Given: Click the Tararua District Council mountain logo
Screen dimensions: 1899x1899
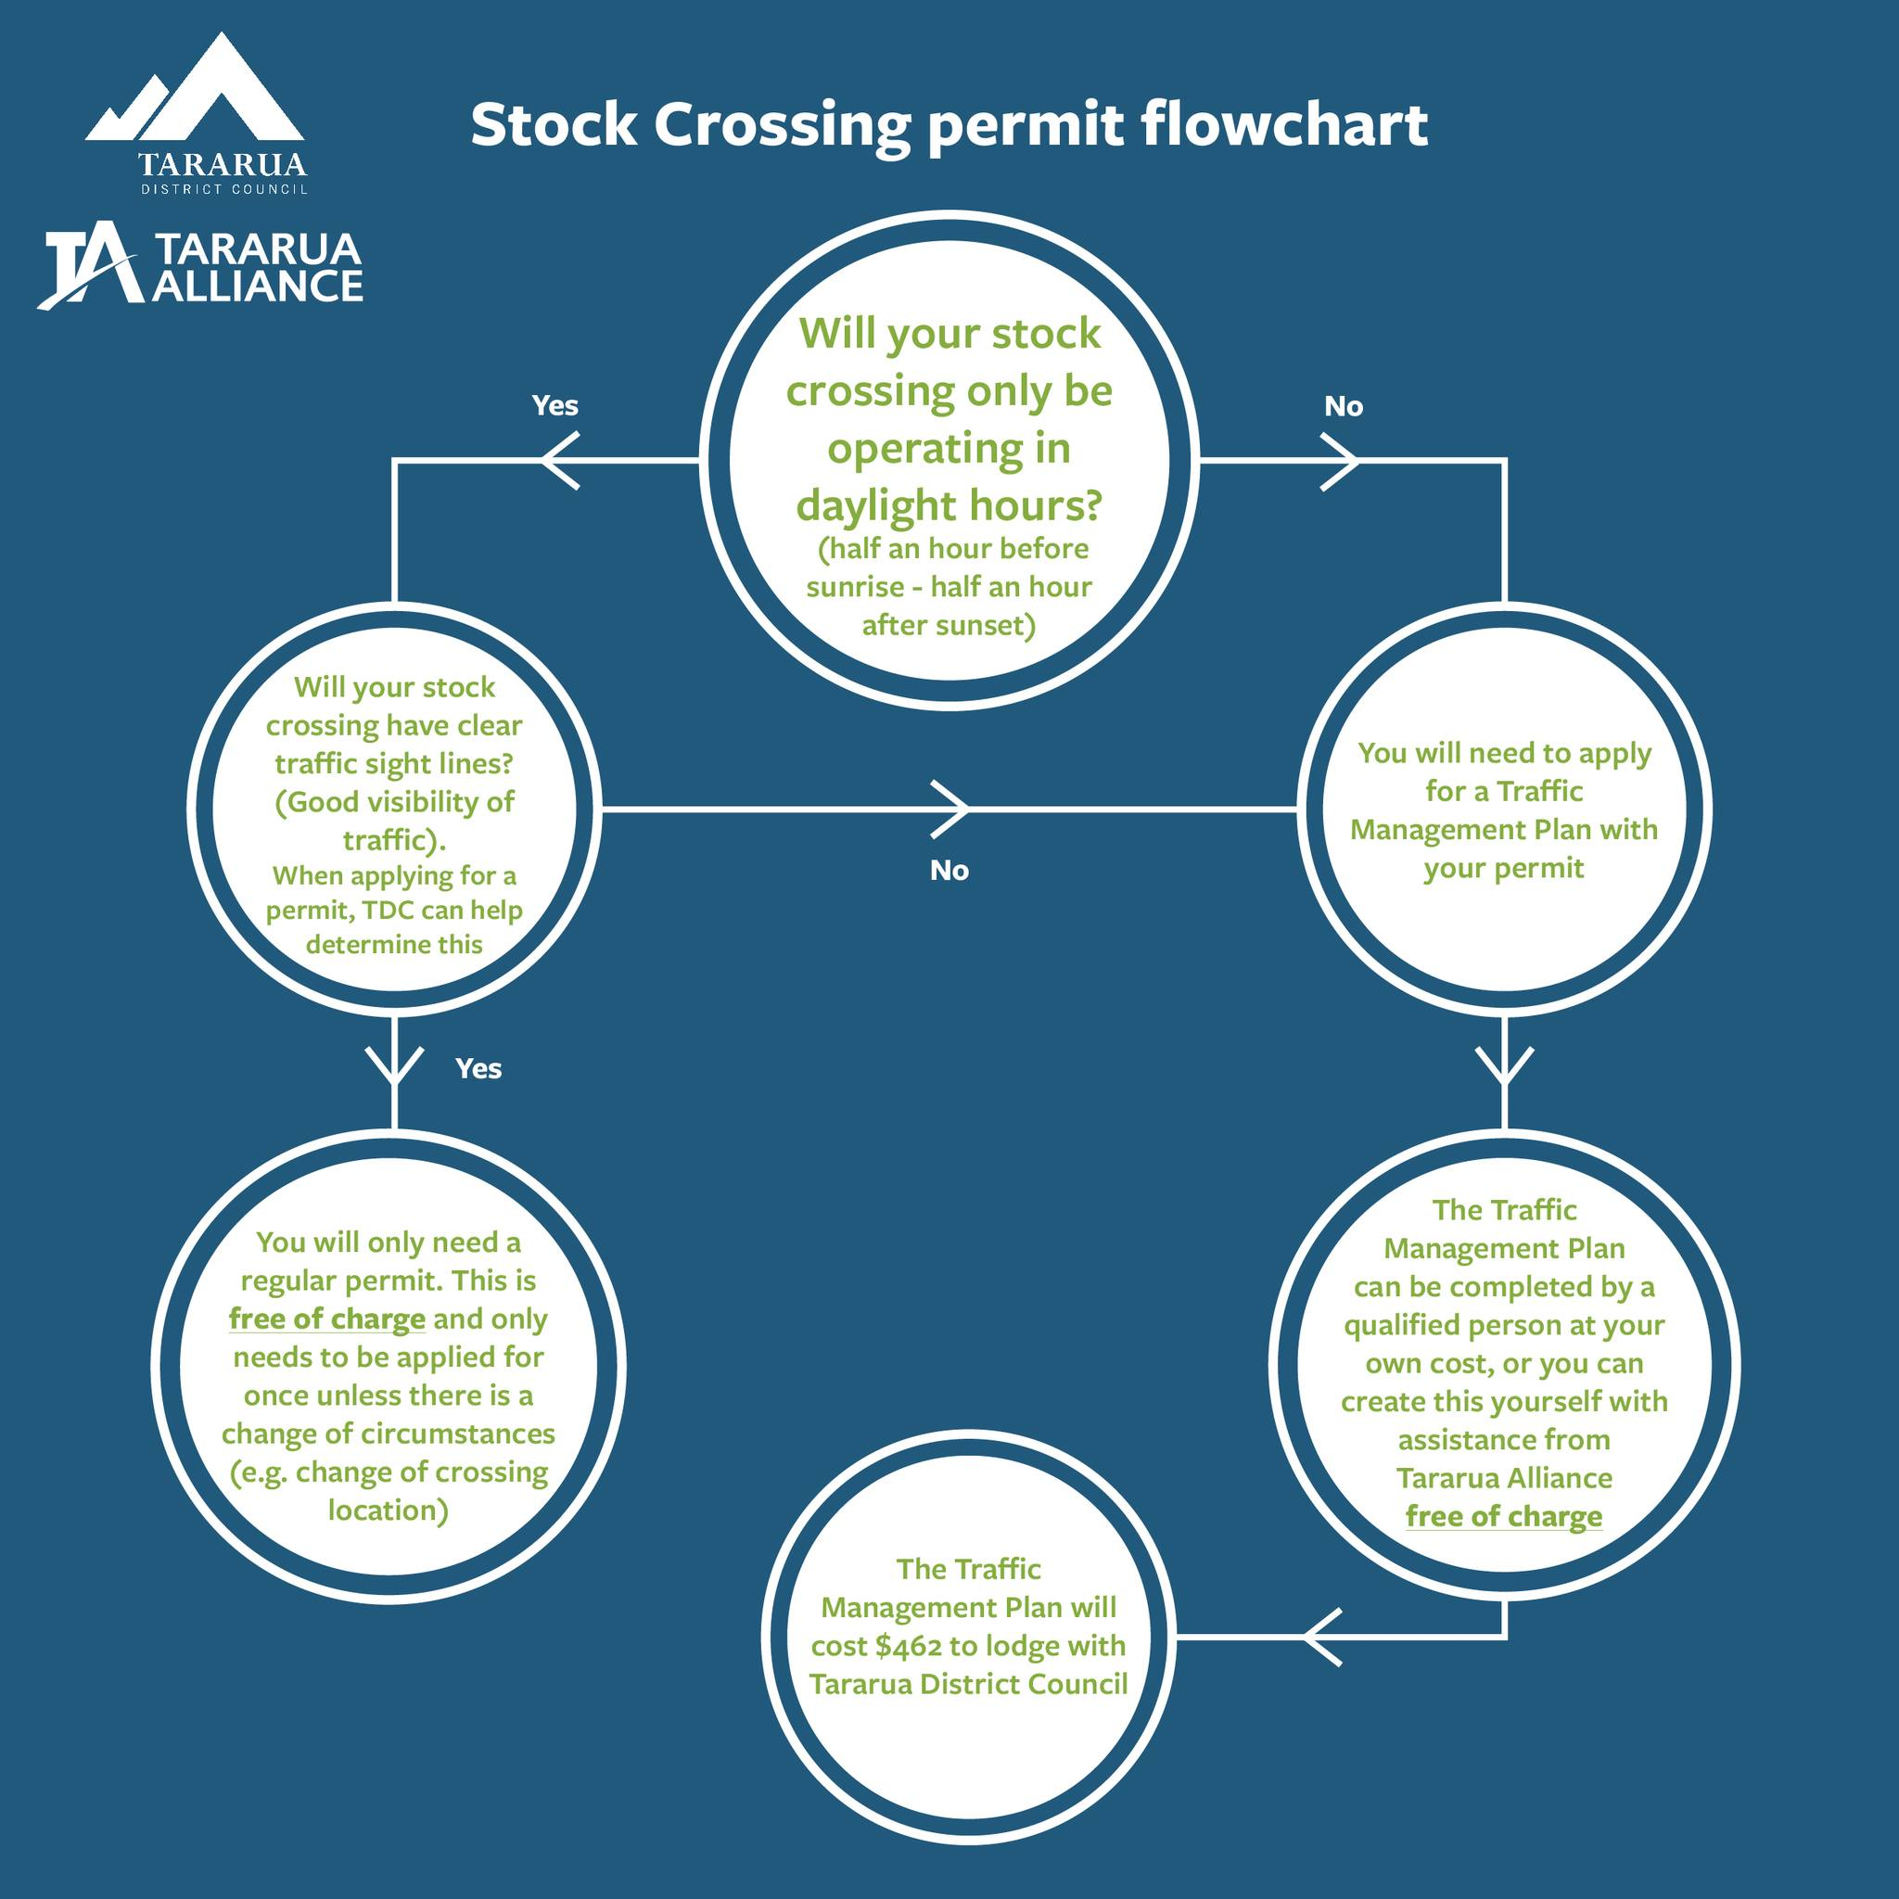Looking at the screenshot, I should tap(195, 94).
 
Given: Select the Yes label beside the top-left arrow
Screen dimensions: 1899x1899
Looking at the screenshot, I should tap(555, 405).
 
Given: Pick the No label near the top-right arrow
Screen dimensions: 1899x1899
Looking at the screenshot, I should tap(1343, 406).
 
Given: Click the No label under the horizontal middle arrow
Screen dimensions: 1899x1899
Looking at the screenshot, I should tap(949, 870).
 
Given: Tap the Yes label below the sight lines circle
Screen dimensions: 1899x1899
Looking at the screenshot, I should tap(478, 1068).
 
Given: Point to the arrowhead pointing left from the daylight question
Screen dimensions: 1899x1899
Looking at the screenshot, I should tap(558, 460).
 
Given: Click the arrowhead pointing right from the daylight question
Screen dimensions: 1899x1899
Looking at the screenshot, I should tap(1341, 460).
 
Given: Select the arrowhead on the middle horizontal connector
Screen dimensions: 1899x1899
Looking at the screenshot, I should tap(951, 809).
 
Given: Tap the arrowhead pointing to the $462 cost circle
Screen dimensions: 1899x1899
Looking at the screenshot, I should tap(1322, 1638).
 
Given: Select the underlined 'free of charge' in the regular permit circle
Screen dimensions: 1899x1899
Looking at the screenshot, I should tap(327, 1319).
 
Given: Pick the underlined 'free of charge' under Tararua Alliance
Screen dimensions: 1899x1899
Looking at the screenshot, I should tap(1504, 1516).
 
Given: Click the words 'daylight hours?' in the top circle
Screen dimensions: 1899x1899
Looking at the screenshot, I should tap(949, 505).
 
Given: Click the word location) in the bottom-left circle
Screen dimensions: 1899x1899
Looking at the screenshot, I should tap(389, 1510).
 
